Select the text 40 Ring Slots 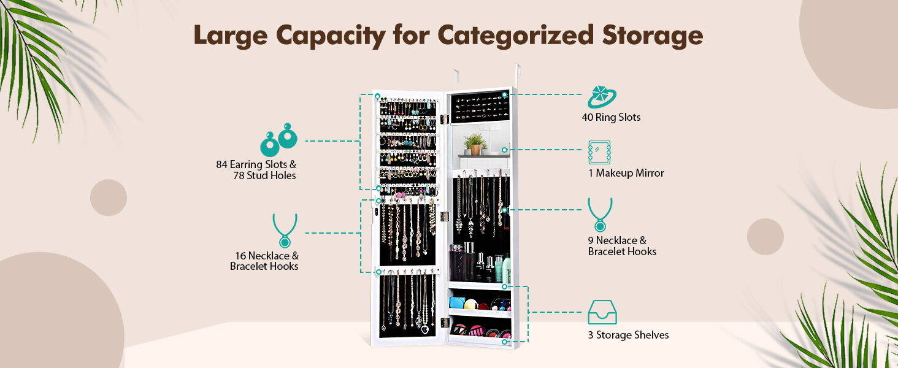(x=611, y=117)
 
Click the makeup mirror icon (x=599, y=151)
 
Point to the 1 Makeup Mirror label (x=626, y=173)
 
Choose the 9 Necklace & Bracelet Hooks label (x=621, y=246)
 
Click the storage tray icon (x=602, y=312)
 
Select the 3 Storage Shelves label (x=628, y=335)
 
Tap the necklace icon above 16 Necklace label (x=285, y=231)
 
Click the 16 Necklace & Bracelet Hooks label (x=264, y=261)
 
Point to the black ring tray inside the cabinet (x=478, y=108)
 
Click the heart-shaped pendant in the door (x=424, y=329)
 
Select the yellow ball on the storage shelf (x=470, y=304)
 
